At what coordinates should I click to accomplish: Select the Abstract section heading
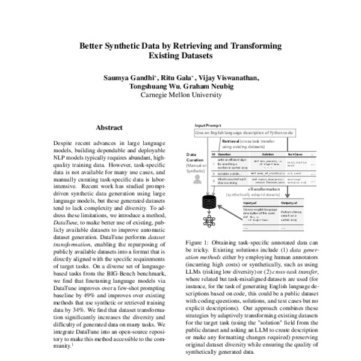(x=109, y=128)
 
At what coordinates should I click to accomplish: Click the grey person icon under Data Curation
(x=197, y=180)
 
